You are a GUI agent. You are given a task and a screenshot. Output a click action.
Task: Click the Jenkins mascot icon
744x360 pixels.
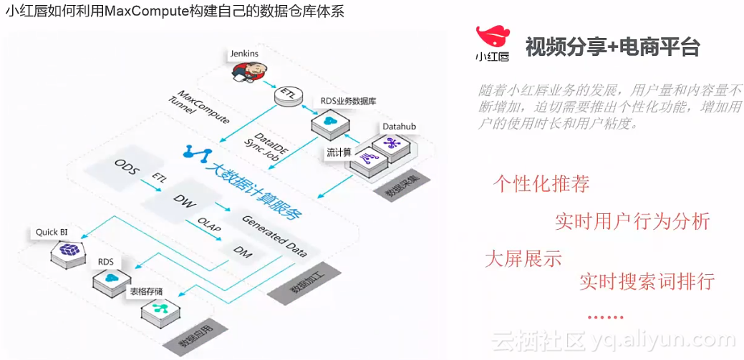click(248, 70)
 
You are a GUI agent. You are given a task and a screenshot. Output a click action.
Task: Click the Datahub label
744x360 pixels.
click(399, 127)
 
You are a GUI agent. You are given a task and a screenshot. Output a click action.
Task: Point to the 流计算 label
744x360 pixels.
click(338, 152)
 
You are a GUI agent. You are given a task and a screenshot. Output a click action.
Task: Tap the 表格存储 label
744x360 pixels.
click(146, 292)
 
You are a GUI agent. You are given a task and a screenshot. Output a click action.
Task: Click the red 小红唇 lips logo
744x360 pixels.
click(493, 37)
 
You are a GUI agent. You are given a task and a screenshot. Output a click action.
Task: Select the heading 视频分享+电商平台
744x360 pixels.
click(612, 47)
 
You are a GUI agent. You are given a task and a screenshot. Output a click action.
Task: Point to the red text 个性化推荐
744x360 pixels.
click(541, 184)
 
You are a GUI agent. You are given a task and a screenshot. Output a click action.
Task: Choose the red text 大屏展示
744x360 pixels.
click(523, 258)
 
